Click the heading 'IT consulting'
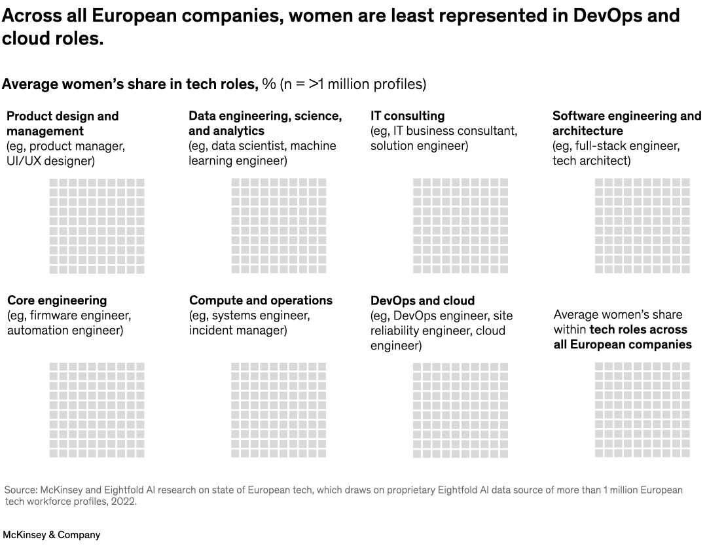coord(407,116)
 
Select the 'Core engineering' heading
coord(57,300)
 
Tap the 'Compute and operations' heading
coord(261,300)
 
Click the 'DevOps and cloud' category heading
coord(422,300)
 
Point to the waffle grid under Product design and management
coord(97,226)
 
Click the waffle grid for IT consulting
coord(460,226)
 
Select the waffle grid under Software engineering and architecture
coord(642,226)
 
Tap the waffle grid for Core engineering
coord(97,410)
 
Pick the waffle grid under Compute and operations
coord(278,410)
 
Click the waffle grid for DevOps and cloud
coord(460,410)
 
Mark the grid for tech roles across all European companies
coord(642,410)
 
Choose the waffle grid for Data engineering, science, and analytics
coord(278,226)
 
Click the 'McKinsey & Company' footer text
coord(52,535)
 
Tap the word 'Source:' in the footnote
coord(21,490)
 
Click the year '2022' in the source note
coord(125,501)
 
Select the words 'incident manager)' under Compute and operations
coord(238,331)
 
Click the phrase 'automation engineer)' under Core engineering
coord(65,331)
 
